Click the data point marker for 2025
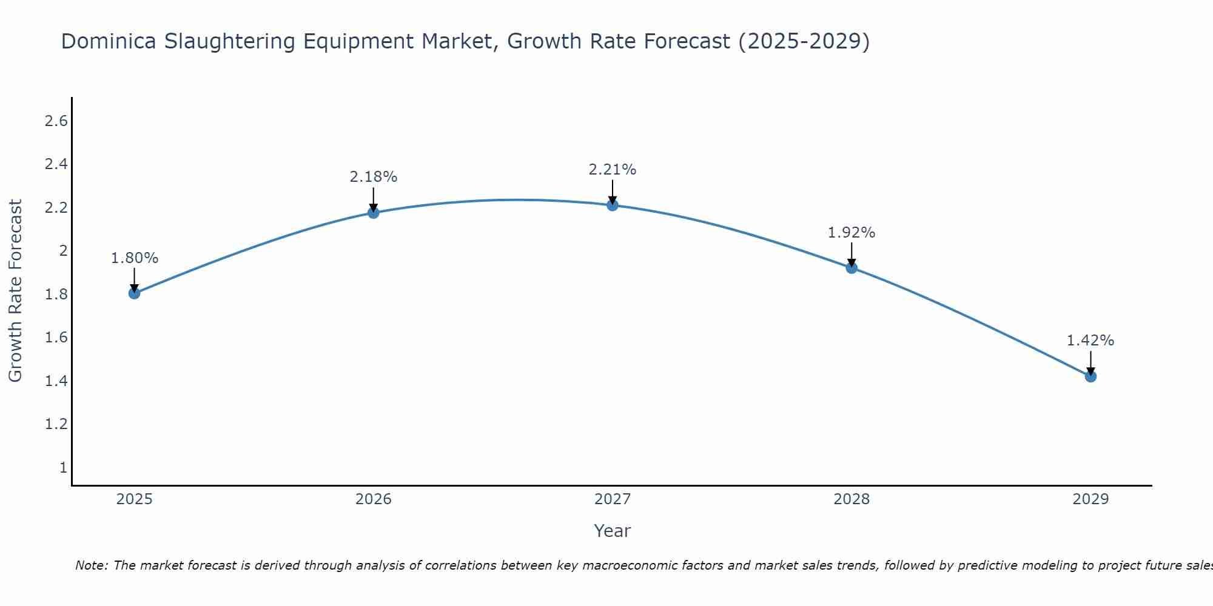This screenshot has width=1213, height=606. pyautogui.click(x=135, y=293)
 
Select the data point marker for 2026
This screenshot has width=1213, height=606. pyautogui.click(x=374, y=213)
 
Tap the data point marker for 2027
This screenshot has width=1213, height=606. pyautogui.click(x=613, y=205)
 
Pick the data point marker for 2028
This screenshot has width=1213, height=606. pyautogui.click(x=852, y=268)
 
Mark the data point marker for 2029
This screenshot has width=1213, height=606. pyautogui.click(x=1090, y=376)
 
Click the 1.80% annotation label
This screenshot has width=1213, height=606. pyautogui.click(x=135, y=258)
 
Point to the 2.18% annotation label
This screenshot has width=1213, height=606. pyautogui.click(x=374, y=177)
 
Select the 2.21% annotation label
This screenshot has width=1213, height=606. pyautogui.click(x=613, y=170)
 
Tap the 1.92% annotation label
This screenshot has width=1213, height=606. pyautogui.click(x=852, y=233)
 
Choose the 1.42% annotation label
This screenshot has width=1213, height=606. pyautogui.click(x=1090, y=341)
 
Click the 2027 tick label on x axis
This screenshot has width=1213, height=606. pyautogui.click(x=613, y=499)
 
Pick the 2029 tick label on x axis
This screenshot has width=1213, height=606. pyautogui.click(x=1090, y=499)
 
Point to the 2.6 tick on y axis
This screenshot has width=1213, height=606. pyautogui.click(x=56, y=121)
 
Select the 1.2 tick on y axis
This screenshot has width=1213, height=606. pyautogui.click(x=56, y=424)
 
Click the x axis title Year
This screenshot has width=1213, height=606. pyautogui.click(x=613, y=531)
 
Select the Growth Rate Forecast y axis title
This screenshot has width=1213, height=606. pyautogui.click(x=16, y=291)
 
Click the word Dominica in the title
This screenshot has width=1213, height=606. pyautogui.click(x=108, y=42)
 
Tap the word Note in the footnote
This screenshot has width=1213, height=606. pyautogui.click(x=90, y=565)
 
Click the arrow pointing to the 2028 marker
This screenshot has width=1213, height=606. pyautogui.click(x=852, y=255)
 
